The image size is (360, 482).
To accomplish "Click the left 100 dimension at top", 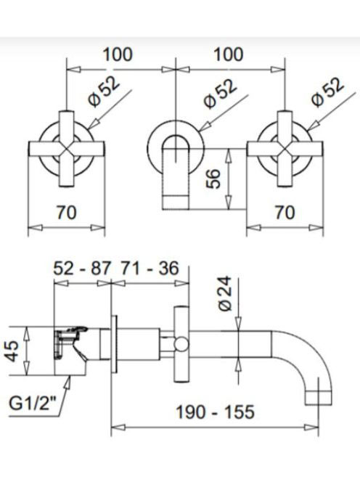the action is coord(118,54).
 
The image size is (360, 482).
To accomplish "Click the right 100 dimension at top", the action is coord(229,54).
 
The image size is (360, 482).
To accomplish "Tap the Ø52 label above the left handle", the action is coord(104,91).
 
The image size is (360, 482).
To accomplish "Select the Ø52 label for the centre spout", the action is coord(220,94).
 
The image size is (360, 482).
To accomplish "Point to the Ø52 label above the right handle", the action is coord(327,91).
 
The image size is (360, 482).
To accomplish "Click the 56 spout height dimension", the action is coord(213,179).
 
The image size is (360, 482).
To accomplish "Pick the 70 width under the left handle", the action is coord(66,213).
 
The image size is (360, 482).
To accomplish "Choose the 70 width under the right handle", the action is coord(285,213).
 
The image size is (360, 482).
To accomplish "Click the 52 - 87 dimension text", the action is coord(81,269).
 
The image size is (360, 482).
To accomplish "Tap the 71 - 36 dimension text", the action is coord(150,269).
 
